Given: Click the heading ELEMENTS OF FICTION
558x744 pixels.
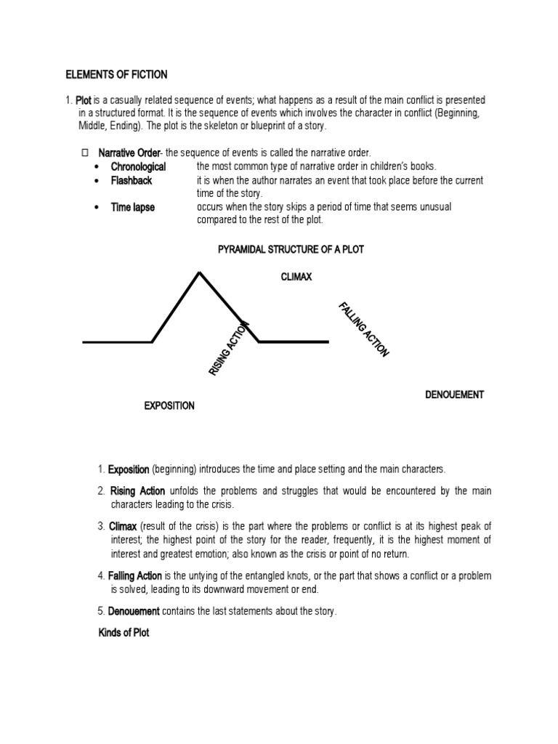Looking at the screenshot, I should point(117,74).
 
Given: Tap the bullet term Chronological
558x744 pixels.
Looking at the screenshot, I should point(138,166).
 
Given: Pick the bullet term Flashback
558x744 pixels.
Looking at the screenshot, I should point(132,180).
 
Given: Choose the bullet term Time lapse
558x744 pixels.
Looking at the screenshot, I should point(132,207).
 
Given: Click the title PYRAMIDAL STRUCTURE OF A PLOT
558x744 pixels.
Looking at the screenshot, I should point(291,249).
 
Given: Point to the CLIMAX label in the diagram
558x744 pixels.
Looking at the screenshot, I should point(296,277).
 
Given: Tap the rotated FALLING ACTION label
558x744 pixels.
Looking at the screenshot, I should point(363,329).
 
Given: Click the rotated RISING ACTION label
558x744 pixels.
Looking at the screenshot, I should point(230,349).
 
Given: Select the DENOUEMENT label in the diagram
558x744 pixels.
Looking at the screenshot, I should point(454,395).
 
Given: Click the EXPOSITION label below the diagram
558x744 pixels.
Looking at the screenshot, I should point(169,405).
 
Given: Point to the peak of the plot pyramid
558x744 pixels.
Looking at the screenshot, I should point(199,272).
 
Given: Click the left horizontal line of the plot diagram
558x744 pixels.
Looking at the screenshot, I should point(117,341).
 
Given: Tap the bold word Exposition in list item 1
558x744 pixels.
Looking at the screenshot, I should point(129,469).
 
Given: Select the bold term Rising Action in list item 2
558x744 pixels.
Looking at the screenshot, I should point(137,491).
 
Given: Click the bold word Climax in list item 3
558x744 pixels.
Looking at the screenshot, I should point(122,525).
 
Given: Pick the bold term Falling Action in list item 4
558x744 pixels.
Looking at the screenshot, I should point(136,575).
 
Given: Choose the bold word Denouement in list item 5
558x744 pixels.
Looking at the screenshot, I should point(134,611).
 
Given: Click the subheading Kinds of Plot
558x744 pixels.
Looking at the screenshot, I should point(124,633).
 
